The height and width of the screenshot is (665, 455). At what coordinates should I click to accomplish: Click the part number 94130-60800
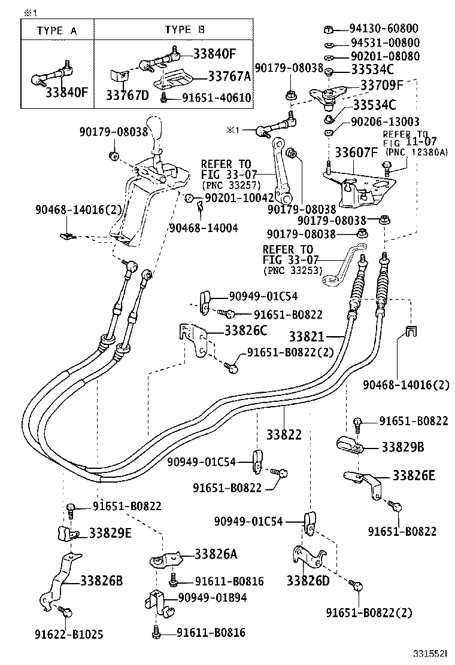392,29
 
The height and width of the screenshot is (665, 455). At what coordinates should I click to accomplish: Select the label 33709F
382,86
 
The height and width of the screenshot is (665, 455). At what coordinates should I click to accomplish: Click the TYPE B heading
185,29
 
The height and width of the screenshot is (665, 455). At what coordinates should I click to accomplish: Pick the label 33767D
127,94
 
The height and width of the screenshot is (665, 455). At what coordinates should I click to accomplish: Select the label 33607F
356,152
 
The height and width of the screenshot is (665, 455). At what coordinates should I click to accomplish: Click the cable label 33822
284,435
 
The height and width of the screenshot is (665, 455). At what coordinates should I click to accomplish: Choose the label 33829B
403,447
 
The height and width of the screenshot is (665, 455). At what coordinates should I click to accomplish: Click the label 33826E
414,475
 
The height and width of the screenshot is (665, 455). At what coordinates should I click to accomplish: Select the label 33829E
110,532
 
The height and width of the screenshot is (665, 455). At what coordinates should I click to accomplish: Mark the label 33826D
308,580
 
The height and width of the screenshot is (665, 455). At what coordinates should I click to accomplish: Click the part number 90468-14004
204,227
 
